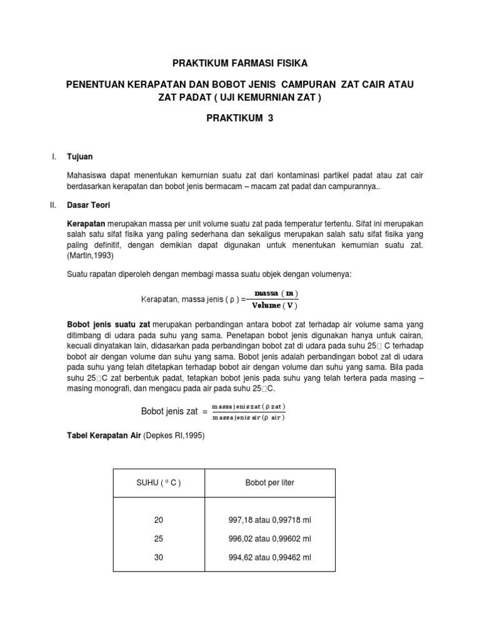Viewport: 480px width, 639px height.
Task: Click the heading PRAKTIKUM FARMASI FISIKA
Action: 240,63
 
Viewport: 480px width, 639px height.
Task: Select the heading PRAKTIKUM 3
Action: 240,117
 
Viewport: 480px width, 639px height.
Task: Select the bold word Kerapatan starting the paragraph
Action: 86,223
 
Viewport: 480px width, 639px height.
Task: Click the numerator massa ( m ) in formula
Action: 276,293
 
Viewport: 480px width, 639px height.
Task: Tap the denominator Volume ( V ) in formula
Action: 275,305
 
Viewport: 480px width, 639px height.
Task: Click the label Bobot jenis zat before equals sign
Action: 170,411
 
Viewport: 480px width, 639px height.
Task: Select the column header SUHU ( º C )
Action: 158,483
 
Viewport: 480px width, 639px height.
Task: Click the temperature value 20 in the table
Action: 158,520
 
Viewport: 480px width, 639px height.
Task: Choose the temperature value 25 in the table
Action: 158,539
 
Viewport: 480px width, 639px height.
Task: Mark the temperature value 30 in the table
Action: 158,557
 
